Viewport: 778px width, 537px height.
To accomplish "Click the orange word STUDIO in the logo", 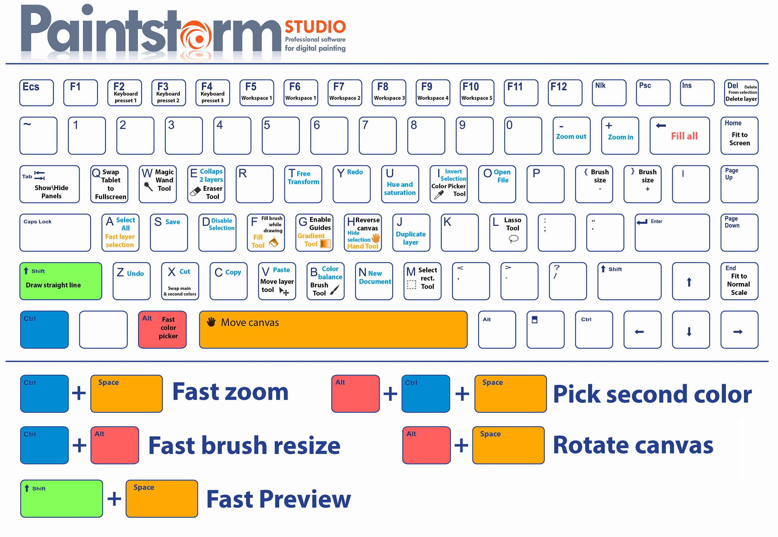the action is pos(315,27).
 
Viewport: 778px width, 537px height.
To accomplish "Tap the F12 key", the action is pos(565,93).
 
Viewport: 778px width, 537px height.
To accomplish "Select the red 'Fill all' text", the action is pos(684,136).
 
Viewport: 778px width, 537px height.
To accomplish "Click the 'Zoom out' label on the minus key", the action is pos(571,137).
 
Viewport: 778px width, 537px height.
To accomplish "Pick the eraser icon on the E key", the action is pos(195,192).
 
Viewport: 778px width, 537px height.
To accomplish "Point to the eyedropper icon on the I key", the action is pos(439,195).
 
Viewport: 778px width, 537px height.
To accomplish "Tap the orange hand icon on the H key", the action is pos(376,238).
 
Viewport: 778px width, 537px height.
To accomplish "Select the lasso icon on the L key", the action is pos(513,239).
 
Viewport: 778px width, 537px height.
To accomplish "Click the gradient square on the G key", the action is pos(325,244).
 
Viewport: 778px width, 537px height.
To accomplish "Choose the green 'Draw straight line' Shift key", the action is pos(61,281).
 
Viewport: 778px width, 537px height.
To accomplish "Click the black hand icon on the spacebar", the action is pos(211,322).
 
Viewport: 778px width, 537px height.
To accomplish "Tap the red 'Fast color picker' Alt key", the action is pos(162,329).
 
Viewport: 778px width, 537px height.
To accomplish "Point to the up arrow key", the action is pos(691,281).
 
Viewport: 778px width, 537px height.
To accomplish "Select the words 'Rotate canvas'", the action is pos(633,445).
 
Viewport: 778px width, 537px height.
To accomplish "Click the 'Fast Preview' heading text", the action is pos(278,499).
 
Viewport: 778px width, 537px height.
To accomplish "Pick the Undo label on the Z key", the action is pos(136,274).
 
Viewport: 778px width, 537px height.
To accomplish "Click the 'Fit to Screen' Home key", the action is pos(739,136).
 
